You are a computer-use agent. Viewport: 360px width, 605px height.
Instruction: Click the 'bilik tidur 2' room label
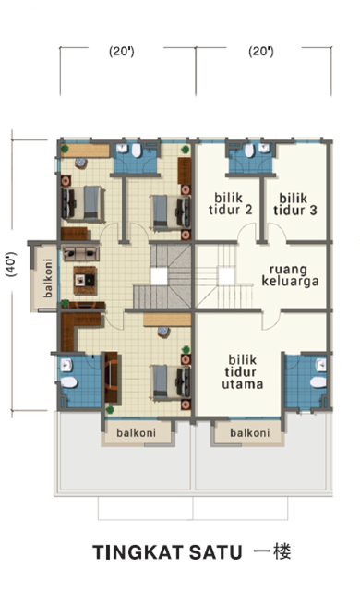click(x=230, y=204)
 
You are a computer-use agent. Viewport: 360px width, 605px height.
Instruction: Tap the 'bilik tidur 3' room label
click(x=294, y=204)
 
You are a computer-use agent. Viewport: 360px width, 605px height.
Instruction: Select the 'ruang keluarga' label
click(x=290, y=275)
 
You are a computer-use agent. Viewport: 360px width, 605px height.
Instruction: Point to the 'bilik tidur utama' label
click(x=243, y=371)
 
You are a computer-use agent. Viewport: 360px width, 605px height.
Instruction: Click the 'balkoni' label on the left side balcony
click(x=47, y=278)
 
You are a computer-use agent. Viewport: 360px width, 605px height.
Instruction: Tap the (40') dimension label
click(x=12, y=265)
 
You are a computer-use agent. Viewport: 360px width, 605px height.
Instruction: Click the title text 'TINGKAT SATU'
click(x=167, y=552)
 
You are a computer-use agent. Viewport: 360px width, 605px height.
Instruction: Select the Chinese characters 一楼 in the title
click(x=272, y=551)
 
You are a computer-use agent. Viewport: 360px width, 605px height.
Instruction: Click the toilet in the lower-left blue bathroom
click(x=68, y=382)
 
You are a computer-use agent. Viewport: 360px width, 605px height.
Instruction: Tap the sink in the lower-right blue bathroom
click(x=320, y=365)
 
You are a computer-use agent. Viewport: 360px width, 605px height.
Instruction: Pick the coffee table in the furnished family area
click(x=85, y=281)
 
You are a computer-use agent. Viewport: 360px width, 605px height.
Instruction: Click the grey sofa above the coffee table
click(x=81, y=253)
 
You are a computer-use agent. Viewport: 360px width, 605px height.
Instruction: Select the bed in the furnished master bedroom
click(x=171, y=382)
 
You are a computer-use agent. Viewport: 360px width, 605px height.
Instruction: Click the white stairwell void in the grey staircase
click(x=159, y=276)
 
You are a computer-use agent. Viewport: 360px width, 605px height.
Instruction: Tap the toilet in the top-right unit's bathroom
click(x=249, y=150)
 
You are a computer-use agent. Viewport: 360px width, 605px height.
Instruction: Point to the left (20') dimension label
click(x=122, y=52)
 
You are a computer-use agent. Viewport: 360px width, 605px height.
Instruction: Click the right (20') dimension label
click(x=261, y=52)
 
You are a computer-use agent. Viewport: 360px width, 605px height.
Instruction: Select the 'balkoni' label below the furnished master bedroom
click(x=136, y=433)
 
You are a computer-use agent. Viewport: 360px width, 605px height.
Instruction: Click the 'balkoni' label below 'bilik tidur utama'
click(x=250, y=433)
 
